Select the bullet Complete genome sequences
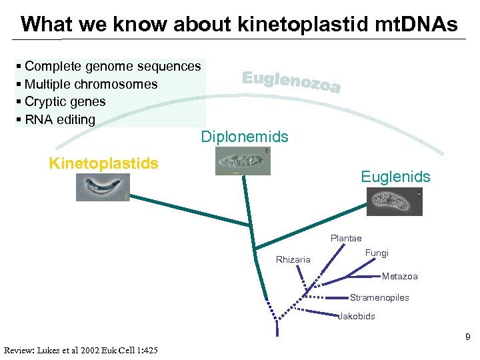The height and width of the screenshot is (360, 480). pos(112,66)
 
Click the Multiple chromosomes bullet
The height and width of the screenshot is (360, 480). pos(91,84)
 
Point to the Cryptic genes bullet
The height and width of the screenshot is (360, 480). pos(65,102)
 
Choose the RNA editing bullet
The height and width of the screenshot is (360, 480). pos(59,120)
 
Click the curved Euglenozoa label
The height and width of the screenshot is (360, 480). pos(291,82)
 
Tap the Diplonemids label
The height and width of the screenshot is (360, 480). pos(245,137)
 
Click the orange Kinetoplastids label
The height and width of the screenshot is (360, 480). pos(103,164)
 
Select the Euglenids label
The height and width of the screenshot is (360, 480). pos(395,177)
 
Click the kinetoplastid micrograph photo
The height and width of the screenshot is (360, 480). pos(103,187)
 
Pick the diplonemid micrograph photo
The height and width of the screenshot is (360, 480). pos(243,161)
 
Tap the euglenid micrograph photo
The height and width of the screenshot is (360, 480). pos(395,201)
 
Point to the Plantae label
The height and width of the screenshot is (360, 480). pos(346,238)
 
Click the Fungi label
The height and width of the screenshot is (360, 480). pos(377,253)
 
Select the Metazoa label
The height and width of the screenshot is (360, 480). pos(400,276)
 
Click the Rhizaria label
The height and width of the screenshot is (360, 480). pos(293,259)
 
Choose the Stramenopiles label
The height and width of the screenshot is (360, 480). pos(379,297)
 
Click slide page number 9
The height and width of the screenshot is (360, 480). pos(467,337)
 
